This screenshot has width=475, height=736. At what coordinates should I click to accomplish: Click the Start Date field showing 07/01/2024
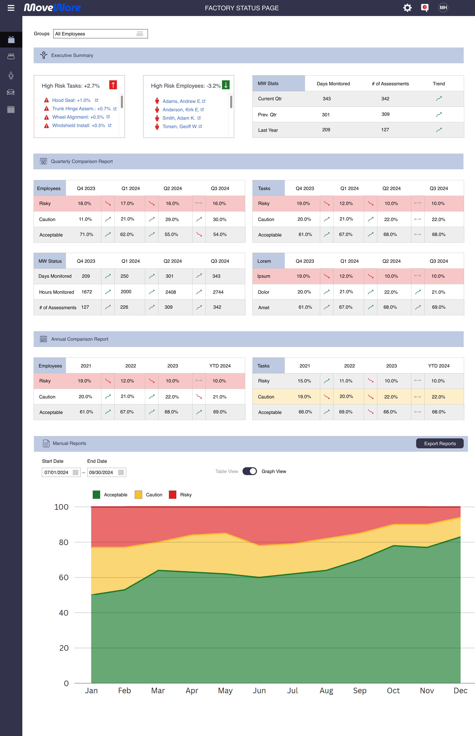61,472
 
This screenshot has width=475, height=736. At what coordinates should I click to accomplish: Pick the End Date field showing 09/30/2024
106,472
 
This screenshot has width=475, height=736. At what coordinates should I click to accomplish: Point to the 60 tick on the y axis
64,577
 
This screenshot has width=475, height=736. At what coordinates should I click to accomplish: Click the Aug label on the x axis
326,691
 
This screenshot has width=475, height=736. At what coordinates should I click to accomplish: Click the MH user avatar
443,8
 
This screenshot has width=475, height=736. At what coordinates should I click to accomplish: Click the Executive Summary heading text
72,56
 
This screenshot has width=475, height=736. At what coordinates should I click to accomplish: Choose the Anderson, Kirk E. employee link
181,110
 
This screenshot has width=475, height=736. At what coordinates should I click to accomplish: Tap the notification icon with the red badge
425,8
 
